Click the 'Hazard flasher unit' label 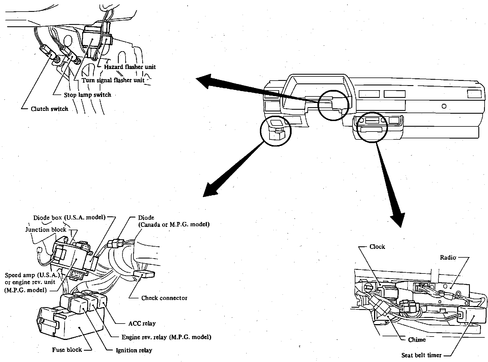point(130,67)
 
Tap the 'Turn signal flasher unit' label point(113,80)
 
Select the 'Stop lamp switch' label point(87,95)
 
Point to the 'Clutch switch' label point(50,109)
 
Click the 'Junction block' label point(46,230)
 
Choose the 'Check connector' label point(164,298)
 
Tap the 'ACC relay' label point(142,323)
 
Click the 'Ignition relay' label point(134,350)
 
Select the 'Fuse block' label point(67,350)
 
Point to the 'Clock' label point(377,247)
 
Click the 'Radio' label point(448,257)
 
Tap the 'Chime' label point(417,340)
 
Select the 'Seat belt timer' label point(421,355)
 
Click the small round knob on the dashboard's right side point(444,106)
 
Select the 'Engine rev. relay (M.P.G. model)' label point(166,337)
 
